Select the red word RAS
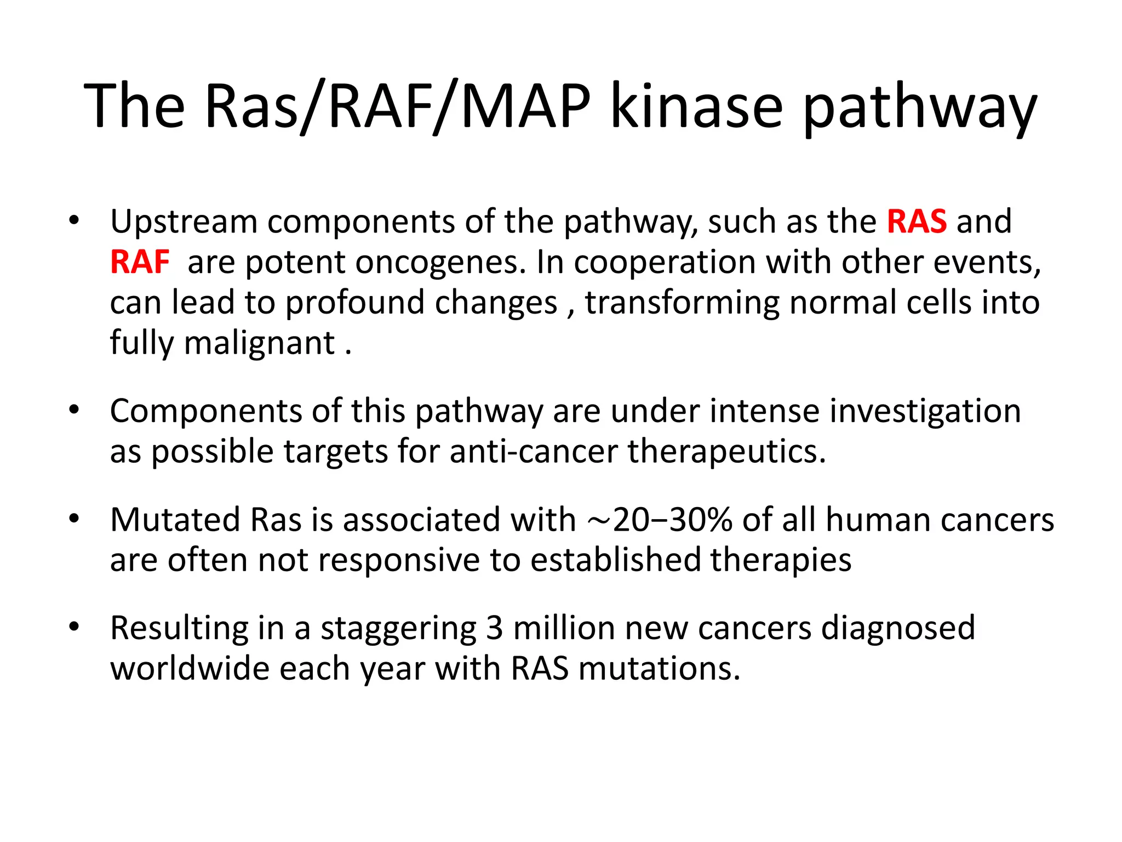pyautogui.click(x=917, y=221)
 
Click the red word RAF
pyautogui.click(x=140, y=262)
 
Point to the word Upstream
pyautogui.click(x=184, y=221)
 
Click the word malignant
pyautogui.click(x=259, y=343)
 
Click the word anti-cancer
pyautogui.click(x=534, y=452)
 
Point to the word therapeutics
pyautogui.click(x=726, y=452)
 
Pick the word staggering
pyautogui.click(x=398, y=628)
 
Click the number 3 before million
pyautogui.click(x=494, y=628)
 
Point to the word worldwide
pyautogui.click(x=190, y=669)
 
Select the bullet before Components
pyautogui.click(x=75, y=409)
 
